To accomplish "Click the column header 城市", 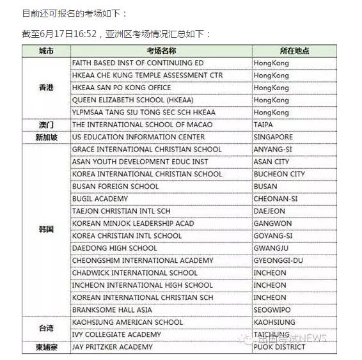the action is point(46,51).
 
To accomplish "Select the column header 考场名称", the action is point(161,51).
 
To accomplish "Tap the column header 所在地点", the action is point(295,51).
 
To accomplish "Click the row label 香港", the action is point(46,88).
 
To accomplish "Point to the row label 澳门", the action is point(46,125).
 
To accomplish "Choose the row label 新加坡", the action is point(46,137).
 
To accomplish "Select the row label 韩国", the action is point(46,229).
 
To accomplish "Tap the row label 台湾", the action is point(46,328).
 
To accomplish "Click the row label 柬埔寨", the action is point(46,347).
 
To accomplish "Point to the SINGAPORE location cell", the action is point(273,137).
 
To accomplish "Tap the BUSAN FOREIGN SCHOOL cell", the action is point(116,186).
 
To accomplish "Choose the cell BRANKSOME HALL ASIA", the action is point(112,309).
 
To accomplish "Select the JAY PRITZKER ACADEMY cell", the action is point(113,347).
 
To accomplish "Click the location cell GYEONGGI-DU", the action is point(278,260).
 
